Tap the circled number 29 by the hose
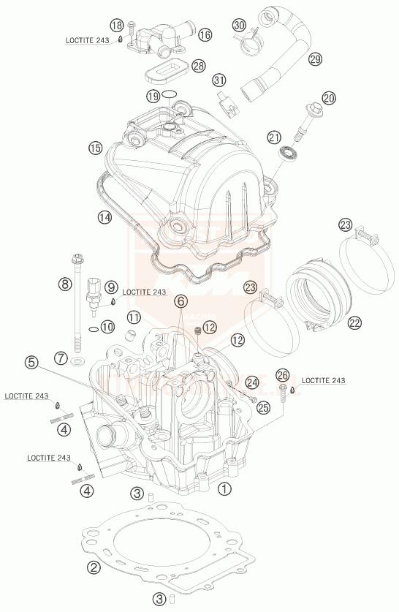315,58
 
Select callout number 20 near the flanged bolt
328,98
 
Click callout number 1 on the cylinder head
224,486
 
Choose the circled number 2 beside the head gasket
94,566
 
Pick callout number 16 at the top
204,34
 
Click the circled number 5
30,361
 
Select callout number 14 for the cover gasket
104,216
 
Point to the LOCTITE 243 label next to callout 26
323,380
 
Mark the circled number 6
180,300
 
